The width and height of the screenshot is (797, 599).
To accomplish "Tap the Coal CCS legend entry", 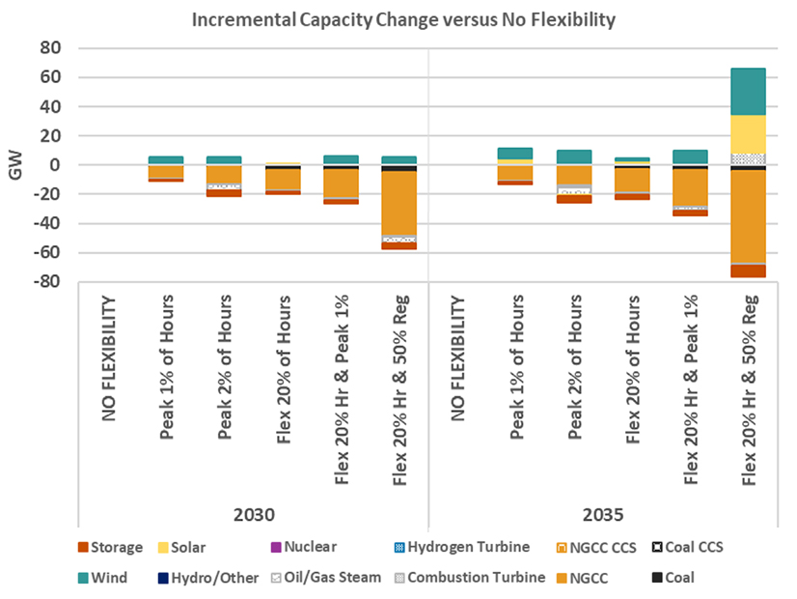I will click(x=688, y=547).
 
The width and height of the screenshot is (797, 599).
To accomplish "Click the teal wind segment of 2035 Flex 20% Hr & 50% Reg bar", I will click(x=747, y=91).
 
